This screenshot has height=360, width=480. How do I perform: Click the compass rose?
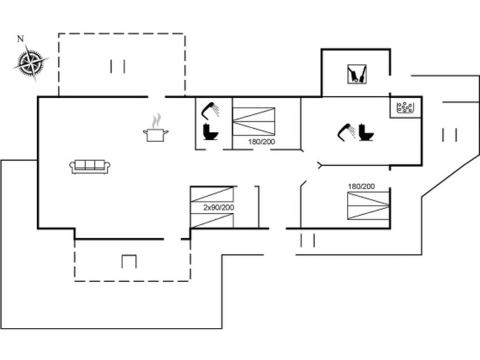point(31,63)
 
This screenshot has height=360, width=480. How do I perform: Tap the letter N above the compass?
point(20,39)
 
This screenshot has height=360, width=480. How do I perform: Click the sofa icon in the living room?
point(90,167)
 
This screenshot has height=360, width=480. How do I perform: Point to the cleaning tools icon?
point(357,74)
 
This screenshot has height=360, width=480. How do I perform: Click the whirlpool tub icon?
point(405,107)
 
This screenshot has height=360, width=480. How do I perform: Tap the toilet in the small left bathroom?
point(210,132)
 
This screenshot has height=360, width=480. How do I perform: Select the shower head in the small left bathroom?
point(210,109)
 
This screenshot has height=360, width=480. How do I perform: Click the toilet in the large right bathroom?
point(366,132)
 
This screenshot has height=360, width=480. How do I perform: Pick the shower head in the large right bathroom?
point(346,132)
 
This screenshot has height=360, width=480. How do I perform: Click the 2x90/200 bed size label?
point(219,207)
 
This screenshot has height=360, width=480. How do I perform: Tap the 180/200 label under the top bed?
point(261,142)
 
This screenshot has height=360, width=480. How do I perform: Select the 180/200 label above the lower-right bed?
point(361,186)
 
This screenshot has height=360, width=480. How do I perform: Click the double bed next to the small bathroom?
point(254,121)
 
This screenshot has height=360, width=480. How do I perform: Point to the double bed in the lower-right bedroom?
point(368,205)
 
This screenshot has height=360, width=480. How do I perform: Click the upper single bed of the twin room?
point(212,194)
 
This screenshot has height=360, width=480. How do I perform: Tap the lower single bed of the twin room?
point(212,221)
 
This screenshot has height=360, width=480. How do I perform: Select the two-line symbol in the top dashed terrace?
point(118,67)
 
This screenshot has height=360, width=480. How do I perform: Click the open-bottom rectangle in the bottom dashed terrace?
point(129,261)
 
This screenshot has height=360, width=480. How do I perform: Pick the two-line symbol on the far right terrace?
point(449,135)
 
